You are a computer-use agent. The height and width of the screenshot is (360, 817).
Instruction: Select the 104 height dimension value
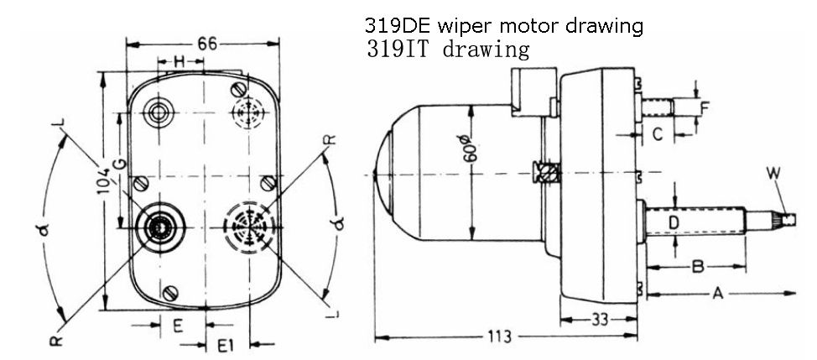click(102, 172)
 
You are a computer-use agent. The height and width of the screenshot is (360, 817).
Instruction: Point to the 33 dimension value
click(600, 320)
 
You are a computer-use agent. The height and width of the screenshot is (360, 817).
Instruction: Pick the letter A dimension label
click(718, 294)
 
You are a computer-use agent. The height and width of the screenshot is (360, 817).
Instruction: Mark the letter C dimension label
click(658, 133)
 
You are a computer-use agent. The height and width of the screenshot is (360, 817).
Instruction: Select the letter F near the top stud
click(705, 107)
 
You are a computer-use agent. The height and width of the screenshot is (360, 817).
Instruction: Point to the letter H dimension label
click(179, 61)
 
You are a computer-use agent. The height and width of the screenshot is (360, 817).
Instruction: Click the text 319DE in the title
click(390, 26)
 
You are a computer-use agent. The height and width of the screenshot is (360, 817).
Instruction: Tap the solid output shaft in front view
click(159, 224)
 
